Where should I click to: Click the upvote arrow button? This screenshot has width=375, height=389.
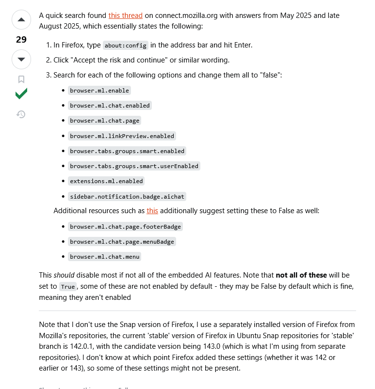tap(21, 20)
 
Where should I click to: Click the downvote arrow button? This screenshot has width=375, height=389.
tap(21, 59)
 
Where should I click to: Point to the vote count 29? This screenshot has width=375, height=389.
tap(21, 40)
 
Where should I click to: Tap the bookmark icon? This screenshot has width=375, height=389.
tap(21, 79)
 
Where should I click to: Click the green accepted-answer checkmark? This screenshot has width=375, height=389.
tap(21, 94)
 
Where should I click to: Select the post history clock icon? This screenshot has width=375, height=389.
tap(21, 114)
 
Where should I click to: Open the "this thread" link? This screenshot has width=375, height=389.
tap(125, 16)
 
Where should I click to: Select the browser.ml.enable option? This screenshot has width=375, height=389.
tap(99, 91)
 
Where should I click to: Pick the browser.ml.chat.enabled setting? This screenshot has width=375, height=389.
tap(110, 106)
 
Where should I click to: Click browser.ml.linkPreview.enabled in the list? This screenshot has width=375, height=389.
tap(122, 136)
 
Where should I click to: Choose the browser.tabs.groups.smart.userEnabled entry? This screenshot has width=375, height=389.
tap(134, 166)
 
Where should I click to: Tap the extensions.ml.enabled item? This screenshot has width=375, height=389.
tap(106, 181)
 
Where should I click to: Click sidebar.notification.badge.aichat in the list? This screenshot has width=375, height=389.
tap(127, 197)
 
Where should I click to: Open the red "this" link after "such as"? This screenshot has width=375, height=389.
tap(152, 211)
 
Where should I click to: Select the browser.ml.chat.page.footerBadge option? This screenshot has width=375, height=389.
tap(125, 227)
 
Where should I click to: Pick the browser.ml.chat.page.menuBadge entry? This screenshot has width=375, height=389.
tap(122, 242)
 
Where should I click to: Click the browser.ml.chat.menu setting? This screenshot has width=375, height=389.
tap(105, 257)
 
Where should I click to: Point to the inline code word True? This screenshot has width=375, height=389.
tap(68, 287)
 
